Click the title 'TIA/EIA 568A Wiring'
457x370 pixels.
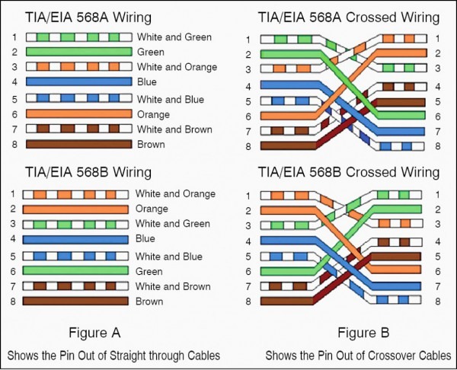coord(88,17)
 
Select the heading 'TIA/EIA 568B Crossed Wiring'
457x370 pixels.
coord(349,172)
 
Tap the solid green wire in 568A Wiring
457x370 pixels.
coord(77,52)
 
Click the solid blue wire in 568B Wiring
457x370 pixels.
coord(75,239)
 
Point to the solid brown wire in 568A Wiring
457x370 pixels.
coord(77,144)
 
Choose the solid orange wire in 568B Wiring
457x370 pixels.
coord(75,209)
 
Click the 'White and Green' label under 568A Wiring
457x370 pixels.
coord(174,37)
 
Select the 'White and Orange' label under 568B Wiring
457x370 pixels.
coord(174,194)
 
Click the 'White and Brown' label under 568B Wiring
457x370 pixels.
coord(173,286)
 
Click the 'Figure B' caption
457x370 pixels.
coord(363,333)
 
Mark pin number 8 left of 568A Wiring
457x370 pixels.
coord(14,144)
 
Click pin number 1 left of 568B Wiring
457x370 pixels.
coord(14,194)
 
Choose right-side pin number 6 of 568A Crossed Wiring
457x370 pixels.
coord(438,116)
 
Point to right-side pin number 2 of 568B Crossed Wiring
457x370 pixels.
coord(438,209)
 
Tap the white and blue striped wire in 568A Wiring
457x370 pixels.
coord(77,99)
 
